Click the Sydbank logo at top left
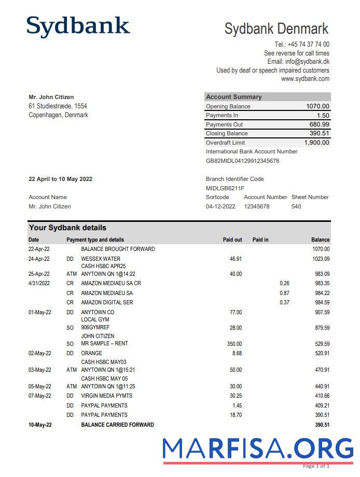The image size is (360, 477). pyautogui.click(x=78, y=26)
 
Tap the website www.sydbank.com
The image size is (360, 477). pyautogui.click(x=305, y=79)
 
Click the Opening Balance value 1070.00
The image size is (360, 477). pyautogui.click(x=317, y=106)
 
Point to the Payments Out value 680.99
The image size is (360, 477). pyautogui.click(x=319, y=124)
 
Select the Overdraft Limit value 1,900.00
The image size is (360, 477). pyautogui.click(x=316, y=143)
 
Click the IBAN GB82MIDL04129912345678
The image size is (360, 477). pyautogui.click(x=242, y=161)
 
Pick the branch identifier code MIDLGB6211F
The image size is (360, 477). pyautogui.click(x=225, y=188)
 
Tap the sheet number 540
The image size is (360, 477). pyautogui.click(x=296, y=206)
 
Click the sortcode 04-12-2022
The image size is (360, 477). pyautogui.click(x=220, y=206)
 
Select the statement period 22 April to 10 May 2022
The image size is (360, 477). pyautogui.click(x=60, y=179)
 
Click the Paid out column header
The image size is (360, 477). pyautogui.click(x=232, y=240)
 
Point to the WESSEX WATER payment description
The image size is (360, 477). pyautogui.click(x=101, y=259)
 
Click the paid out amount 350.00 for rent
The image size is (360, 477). pyautogui.click(x=234, y=344)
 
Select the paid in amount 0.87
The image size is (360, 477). pyautogui.click(x=284, y=293)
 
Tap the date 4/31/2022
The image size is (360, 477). pyautogui.click(x=39, y=283)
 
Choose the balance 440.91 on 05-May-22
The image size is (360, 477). pyautogui.click(x=321, y=386)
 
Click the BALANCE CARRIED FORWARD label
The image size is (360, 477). pyautogui.click(x=117, y=425)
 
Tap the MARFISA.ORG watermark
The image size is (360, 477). pyautogui.click(x=257, y=448)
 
